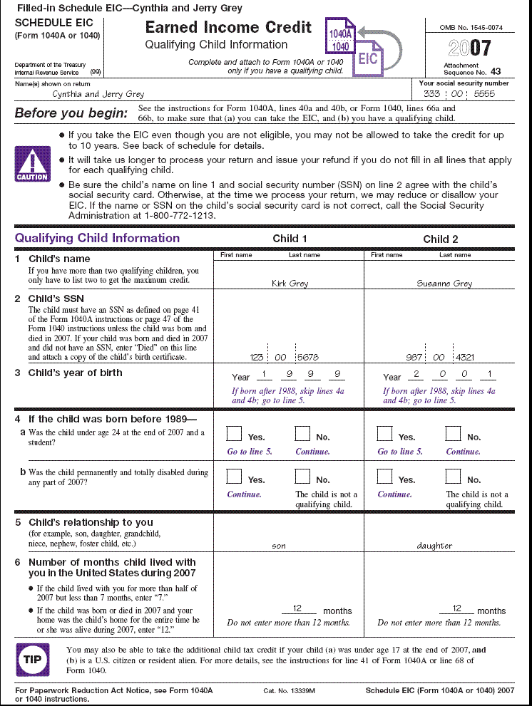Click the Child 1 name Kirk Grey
tap(290, 284)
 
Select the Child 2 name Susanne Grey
tap(444, 284)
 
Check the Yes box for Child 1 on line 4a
tap(234, 433)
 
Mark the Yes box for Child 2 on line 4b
tap(384, 476)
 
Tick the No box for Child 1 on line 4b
tap(302, 476)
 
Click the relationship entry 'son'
tap(279, 546)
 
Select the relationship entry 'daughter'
tap(434, 546)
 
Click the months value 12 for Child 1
tap(300, 609)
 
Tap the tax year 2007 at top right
tap(470, 48)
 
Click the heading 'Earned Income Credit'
tap(228, 28)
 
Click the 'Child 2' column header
tap(441, 239)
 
